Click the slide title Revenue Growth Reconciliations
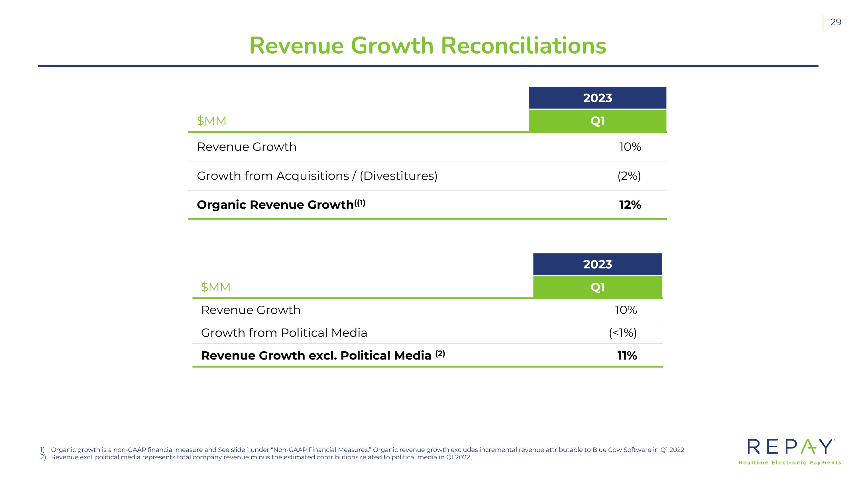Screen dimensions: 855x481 427,46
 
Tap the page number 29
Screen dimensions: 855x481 836,22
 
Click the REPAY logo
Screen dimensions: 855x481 790,447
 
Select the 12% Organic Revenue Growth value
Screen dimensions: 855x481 630,205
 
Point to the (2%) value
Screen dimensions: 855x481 629,176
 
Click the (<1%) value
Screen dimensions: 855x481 623,333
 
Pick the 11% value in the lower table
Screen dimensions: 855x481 627,356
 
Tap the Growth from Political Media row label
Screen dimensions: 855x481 284,333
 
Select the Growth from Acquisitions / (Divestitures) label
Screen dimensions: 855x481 317,176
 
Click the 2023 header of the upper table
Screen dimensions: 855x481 597,98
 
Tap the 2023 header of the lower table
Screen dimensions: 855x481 597,264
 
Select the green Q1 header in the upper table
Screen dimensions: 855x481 597,121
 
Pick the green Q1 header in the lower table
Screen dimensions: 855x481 597,287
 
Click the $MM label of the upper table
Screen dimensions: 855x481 211,121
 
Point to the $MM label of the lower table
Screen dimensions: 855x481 216,287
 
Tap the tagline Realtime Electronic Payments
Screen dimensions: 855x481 790,463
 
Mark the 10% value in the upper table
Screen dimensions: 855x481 630,147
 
